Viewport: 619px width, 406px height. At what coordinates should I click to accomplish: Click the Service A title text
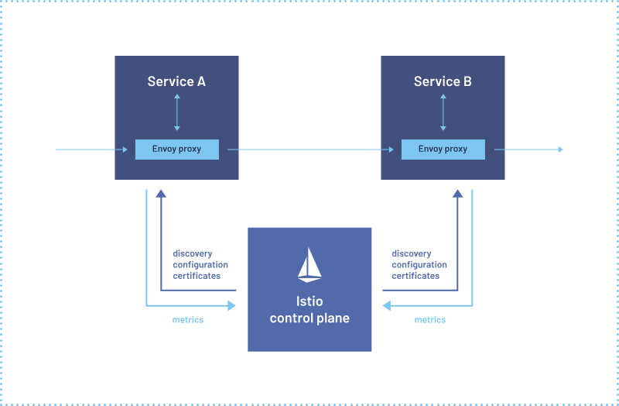[176, 81]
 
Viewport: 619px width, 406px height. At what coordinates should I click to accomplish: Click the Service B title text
[443, 81]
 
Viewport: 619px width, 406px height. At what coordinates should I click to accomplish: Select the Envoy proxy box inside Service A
[176, 149]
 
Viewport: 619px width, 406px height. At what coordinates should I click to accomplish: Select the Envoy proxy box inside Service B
[443, 149]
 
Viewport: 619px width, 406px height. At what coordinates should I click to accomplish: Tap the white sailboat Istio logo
[309, 264]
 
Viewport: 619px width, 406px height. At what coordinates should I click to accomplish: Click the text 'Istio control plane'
[309, 310]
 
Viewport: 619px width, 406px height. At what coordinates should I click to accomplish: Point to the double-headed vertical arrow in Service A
[176, 112]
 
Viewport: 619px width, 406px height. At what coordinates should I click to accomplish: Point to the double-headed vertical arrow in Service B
[443, 112]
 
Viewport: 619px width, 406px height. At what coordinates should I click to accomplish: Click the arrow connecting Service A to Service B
[309, 150]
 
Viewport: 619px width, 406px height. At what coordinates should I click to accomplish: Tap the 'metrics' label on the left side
[188, 320]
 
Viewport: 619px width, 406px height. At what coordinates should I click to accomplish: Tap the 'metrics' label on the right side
[430, 320]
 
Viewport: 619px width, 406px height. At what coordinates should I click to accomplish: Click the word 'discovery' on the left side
[193, 254]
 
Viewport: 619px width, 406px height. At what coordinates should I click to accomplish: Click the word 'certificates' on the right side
[416, 276]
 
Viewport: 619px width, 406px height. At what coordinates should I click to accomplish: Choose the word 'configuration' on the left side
[200, 265]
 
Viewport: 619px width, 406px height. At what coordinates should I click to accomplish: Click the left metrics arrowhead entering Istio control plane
[231, 306]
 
